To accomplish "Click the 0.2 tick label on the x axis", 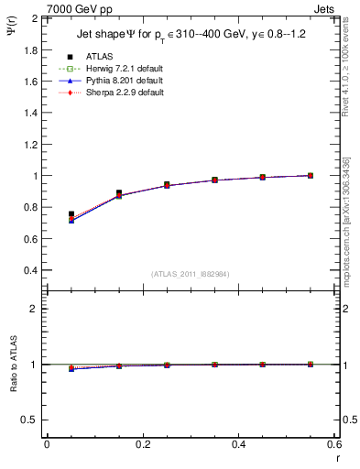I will click(x=142, y=443).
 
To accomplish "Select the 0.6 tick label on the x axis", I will click(x=333, y=443).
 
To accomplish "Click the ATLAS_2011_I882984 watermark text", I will click(x=190, y=274).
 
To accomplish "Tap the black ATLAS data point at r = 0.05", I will click(x=71, y=214).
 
